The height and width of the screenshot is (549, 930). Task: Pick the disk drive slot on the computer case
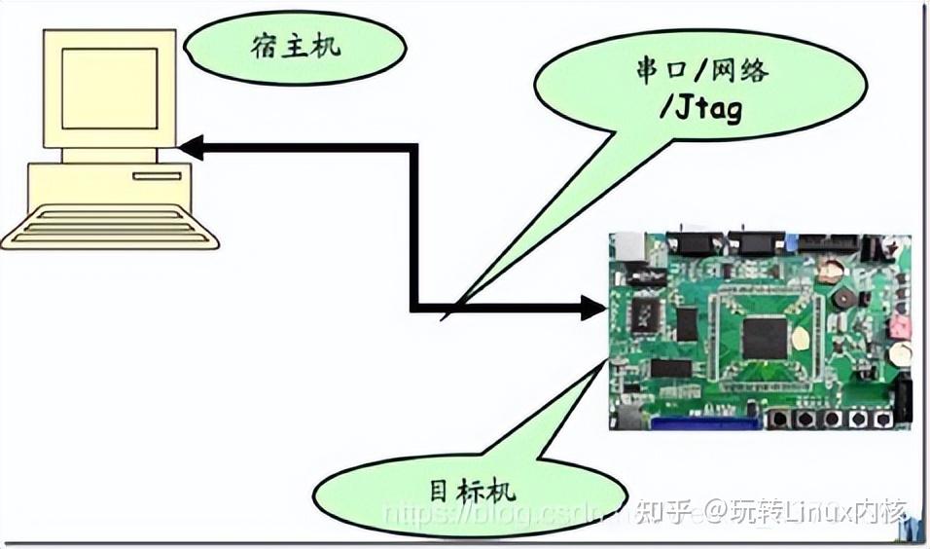point(156,176)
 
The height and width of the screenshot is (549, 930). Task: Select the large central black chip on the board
point(765,338)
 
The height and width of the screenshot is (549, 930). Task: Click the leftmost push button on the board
point(780,419)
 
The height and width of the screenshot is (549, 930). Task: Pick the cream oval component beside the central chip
point(800,339)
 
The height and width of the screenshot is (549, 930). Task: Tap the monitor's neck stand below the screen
point(109,155)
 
